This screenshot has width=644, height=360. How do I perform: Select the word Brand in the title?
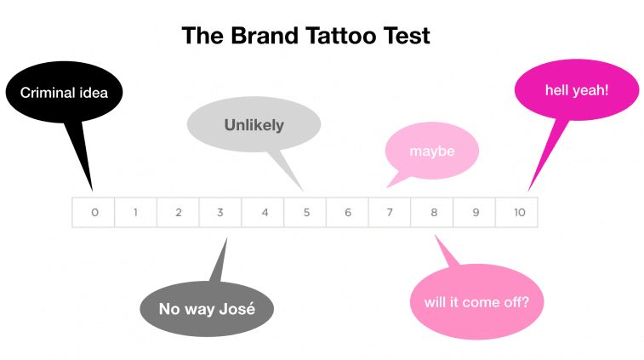[265, 36]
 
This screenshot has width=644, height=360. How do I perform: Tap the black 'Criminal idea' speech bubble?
[64, 93]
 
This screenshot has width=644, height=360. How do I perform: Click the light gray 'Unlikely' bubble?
[254, 124]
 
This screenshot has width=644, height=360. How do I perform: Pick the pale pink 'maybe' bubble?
[432, 151]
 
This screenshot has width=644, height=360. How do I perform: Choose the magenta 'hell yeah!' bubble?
[577, 90]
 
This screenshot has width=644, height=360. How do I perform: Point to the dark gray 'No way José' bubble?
[207, 308]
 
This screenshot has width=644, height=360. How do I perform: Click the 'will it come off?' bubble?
[476, 302]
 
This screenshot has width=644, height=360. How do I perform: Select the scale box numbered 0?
[94, 212]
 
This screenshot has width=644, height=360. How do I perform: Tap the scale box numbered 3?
[220, 212]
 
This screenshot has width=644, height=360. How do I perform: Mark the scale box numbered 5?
[305, 212]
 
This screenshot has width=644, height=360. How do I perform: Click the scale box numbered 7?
[390, 212]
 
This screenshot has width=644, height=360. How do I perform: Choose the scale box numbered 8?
[432, 212]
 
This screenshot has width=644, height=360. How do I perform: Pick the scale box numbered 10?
[516, 212]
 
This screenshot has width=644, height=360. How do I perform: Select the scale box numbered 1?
[135, 212]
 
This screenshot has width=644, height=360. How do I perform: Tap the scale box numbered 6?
[347, 212]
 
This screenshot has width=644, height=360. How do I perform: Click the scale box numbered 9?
[475, 212]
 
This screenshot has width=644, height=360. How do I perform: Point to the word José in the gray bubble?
[237, 308]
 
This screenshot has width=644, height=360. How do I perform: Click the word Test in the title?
[407, 36]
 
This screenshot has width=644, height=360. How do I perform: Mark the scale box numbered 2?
[179, 212]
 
